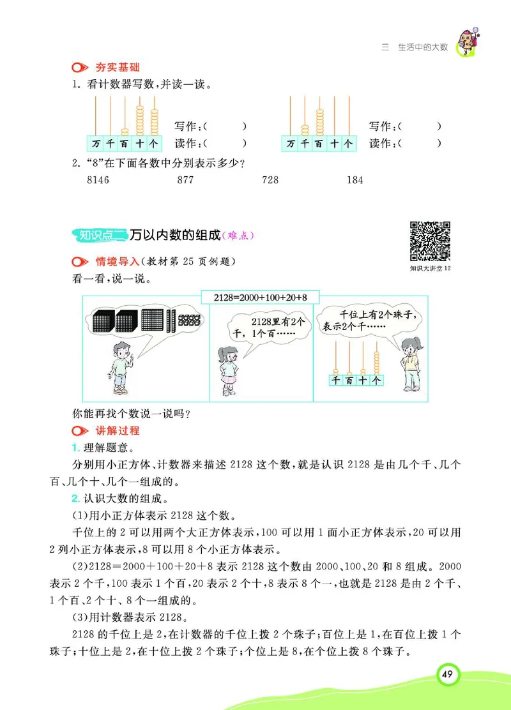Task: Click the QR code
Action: tap(431, 241)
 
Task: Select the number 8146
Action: tap(97, 180)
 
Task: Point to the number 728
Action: tap(270, 180)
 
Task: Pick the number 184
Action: tap(355, 180)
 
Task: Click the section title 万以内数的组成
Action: tap(174, 236)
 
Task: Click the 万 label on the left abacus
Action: tap(96, 143)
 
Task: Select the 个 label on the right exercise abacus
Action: tap(347, 143)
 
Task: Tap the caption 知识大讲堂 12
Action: tap(431, 269)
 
